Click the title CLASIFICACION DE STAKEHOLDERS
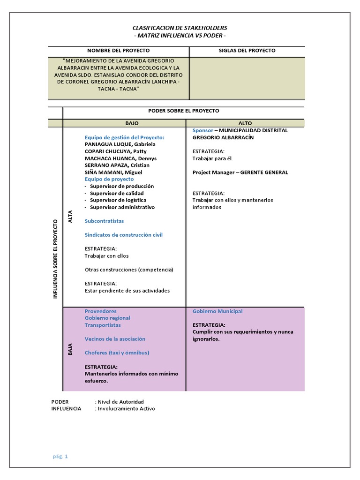click(180, 28)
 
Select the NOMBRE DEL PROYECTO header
click(118, 51)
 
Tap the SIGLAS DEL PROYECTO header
click(247, 51)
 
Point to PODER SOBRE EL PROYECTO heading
click(183, 111)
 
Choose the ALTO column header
click(245, 123)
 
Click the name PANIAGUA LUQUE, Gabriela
click(120, 144)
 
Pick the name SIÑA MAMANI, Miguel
click(114, 172)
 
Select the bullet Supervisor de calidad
click(117, 193)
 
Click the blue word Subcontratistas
click(104, 221)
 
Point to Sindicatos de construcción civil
click(124, 235)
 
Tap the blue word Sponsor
click(203, 130)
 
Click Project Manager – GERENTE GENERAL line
click(240, 172)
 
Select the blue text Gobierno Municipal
click(217, 311)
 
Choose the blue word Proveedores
click(101, 311)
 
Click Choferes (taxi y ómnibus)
click(117, 353)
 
